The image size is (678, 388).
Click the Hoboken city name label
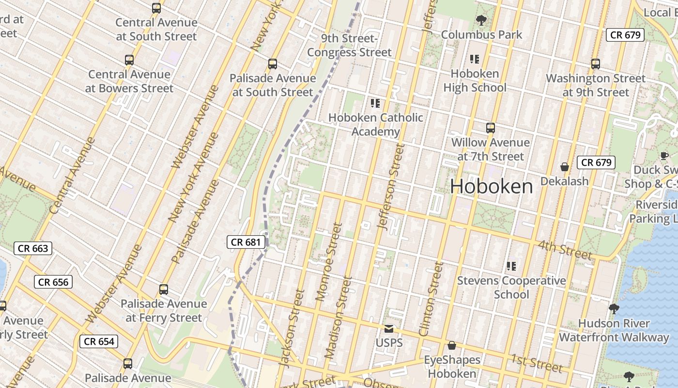492,186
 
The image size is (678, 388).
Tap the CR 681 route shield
246,242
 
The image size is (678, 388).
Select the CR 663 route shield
32,248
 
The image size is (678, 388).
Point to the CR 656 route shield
53,282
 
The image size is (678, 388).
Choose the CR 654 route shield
99,341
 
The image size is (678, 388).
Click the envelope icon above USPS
389,329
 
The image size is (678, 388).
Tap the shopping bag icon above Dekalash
564,167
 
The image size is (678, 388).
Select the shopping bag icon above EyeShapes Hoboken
452,345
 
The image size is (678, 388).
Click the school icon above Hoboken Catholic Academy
375,103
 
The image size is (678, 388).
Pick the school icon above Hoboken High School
475,59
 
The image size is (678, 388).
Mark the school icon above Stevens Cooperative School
511,266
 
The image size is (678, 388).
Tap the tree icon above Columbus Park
481,20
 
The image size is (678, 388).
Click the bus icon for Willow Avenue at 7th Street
491,128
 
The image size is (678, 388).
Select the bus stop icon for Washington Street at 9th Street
595,64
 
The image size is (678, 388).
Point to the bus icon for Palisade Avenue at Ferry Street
164,290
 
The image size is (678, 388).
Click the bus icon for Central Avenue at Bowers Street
129,60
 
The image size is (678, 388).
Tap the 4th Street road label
565,249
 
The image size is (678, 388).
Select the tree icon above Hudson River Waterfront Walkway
614,308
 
